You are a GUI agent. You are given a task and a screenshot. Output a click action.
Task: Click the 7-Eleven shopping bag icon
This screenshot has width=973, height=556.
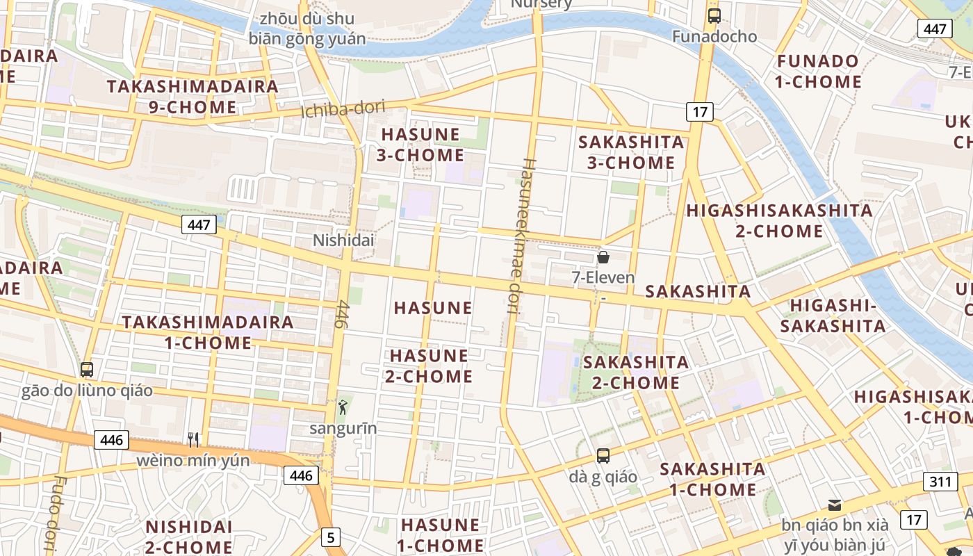click(x=603, y=257)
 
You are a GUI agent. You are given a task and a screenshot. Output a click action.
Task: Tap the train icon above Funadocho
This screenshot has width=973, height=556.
click(x=714, y=15)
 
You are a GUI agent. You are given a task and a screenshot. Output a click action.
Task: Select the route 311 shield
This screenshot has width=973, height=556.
click(x=940, y=482)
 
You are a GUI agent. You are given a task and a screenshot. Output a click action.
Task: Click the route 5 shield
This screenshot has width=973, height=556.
click(x=331, y=537)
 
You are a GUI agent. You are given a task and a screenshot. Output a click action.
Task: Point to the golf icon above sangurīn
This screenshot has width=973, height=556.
click(x=342, y=407)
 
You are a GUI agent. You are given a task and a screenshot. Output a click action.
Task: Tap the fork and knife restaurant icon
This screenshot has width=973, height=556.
click(x=193, y=439)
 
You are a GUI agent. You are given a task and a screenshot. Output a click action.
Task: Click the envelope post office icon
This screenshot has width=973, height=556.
click(x=834, y=505)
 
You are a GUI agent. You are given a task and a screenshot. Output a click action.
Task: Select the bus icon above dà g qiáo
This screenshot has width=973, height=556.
click(x=603, y=456)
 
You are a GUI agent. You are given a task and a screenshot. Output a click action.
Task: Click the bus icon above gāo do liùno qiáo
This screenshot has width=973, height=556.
click(x=87, y=370)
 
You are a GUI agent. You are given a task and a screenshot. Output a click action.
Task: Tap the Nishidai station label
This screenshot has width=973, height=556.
click(x=343, y=240)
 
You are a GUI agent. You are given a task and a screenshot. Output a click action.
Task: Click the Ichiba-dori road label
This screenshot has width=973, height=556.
click(x=343, y=109)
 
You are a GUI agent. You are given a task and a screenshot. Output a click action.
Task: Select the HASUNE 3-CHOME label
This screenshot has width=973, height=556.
click(x=420, y=145)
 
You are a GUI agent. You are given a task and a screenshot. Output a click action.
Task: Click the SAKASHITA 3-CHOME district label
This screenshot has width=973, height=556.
click(x=631, y=152)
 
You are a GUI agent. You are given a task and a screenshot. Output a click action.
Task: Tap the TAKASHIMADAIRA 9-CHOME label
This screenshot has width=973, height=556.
click(x=193, y=97)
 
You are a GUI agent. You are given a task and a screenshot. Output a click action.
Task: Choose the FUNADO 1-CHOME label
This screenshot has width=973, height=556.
click(x=818, y=72)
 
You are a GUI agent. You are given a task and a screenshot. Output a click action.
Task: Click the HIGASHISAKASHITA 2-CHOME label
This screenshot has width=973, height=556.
click(x=779, y=220)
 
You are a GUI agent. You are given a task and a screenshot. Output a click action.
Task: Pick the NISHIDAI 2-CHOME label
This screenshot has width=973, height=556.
click(x=188, y=537)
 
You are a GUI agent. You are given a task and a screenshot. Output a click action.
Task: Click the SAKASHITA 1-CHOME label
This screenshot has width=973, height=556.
click(x=712, y=479)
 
